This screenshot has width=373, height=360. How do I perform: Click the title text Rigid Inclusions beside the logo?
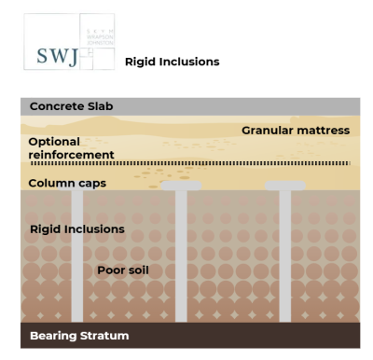(172, 62)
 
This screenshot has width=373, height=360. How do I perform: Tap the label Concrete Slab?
(71, 106)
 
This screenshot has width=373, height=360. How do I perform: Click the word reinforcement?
(72, 155)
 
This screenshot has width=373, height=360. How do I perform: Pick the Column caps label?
(67, 183)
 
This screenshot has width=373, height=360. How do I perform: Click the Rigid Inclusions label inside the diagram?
(76, 228)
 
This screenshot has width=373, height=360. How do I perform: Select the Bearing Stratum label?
(78, 335)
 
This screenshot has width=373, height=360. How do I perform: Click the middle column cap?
(181, 186)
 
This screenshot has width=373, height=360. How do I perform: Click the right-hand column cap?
(284, 186)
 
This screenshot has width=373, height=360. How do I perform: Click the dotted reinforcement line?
(233, 163)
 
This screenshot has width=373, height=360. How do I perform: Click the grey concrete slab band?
(233, 105)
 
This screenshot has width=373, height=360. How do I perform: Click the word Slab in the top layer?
(99, 106)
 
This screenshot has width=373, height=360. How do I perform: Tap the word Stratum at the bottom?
(103, 335)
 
